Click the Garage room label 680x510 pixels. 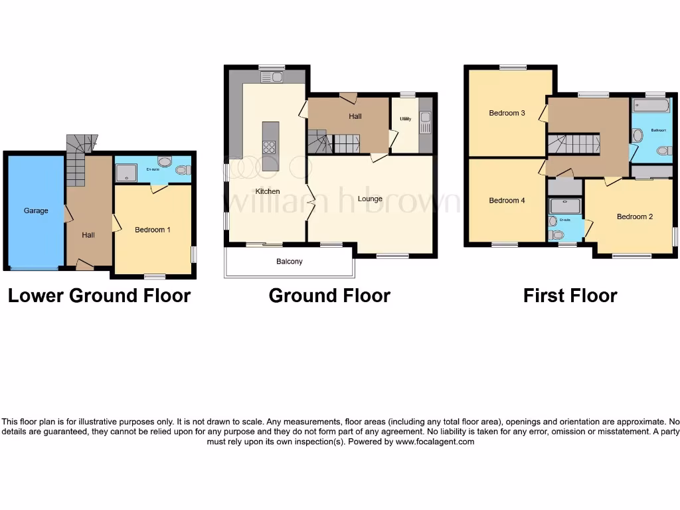36,211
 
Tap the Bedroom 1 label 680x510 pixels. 153,230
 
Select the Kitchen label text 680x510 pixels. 268,191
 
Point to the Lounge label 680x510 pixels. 370,199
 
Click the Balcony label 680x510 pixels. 290,262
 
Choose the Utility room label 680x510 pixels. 405,120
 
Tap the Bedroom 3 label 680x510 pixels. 507,113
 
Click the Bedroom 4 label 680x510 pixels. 507,201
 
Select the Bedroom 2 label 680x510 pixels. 635,216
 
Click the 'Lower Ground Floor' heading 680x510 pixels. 99,296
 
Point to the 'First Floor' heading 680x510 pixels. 570,296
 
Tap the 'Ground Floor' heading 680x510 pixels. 329,296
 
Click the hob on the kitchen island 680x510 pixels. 270,147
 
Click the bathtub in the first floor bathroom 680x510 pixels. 651,106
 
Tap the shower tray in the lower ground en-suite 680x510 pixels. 124,173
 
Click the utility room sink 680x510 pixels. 425,121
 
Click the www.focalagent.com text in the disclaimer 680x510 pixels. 435,442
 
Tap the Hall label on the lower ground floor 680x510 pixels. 88,235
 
